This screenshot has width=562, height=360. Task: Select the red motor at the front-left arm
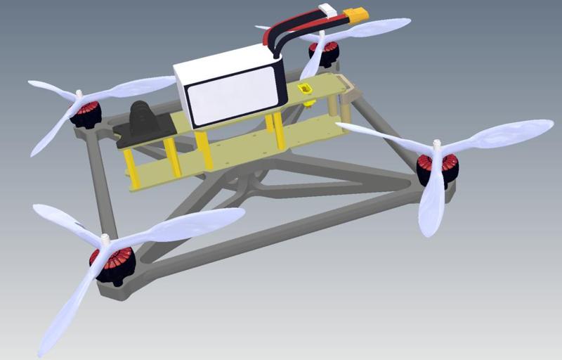tap(112, 266)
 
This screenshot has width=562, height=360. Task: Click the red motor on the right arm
tap(437, 169)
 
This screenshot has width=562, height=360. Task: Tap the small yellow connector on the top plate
tap(306, 90)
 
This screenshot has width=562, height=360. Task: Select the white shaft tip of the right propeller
tap(437, 146)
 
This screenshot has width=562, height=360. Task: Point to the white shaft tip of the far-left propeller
tap(79, 94)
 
